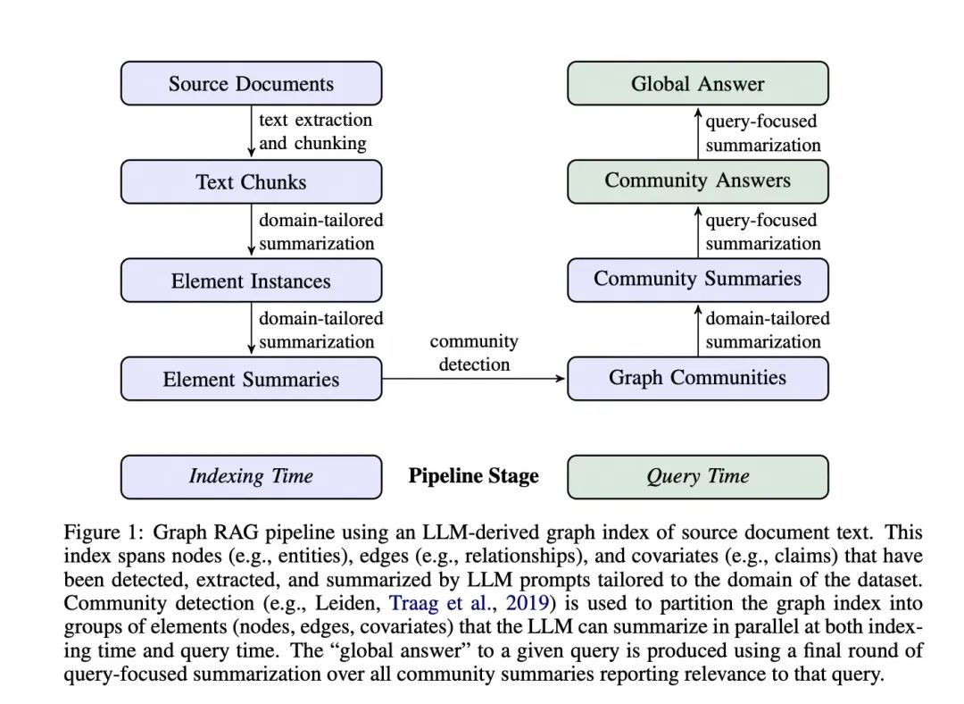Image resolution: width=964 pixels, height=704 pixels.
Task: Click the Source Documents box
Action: [251, 84]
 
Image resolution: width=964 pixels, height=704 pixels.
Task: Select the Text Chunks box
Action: [251, 182]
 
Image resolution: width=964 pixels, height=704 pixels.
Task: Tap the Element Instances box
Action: [251, 281]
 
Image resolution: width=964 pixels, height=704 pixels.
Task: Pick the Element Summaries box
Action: [251, 380]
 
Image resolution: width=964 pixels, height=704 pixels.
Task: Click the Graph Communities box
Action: [697, 378]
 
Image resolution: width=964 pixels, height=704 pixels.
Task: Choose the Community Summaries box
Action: [697, 280]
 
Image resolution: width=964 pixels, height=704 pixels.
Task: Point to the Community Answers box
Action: [697, 181]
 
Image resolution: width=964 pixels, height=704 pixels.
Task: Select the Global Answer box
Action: [697, 84]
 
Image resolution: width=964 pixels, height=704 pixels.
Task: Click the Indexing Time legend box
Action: [251, 477]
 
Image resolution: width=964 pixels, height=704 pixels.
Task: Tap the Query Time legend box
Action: [697, 477]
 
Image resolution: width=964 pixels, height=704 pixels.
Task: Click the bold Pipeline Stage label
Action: [473, 476]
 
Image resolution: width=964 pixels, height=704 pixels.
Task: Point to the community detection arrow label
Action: [473, 353]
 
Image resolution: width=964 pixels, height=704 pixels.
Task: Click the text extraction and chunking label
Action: [314, 131]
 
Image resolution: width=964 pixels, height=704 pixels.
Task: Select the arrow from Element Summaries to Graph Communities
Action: [473, 379]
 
